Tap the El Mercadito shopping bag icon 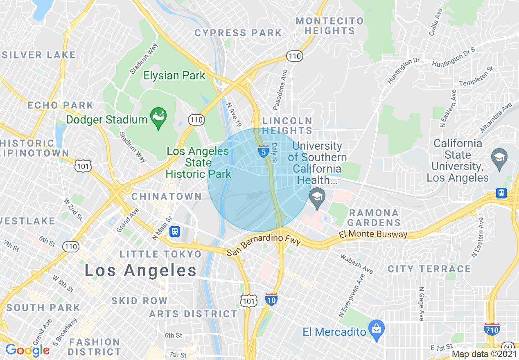375,328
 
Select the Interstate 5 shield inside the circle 264,151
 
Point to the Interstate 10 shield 271,299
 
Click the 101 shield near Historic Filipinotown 83,166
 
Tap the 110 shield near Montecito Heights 295,56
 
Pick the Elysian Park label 174,75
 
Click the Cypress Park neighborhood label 238,33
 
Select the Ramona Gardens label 374,218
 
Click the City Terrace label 429,269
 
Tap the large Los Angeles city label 141,270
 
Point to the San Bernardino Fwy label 264,246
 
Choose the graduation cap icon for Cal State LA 500,157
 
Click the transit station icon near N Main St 175,232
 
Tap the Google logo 27,350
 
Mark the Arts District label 193,314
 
